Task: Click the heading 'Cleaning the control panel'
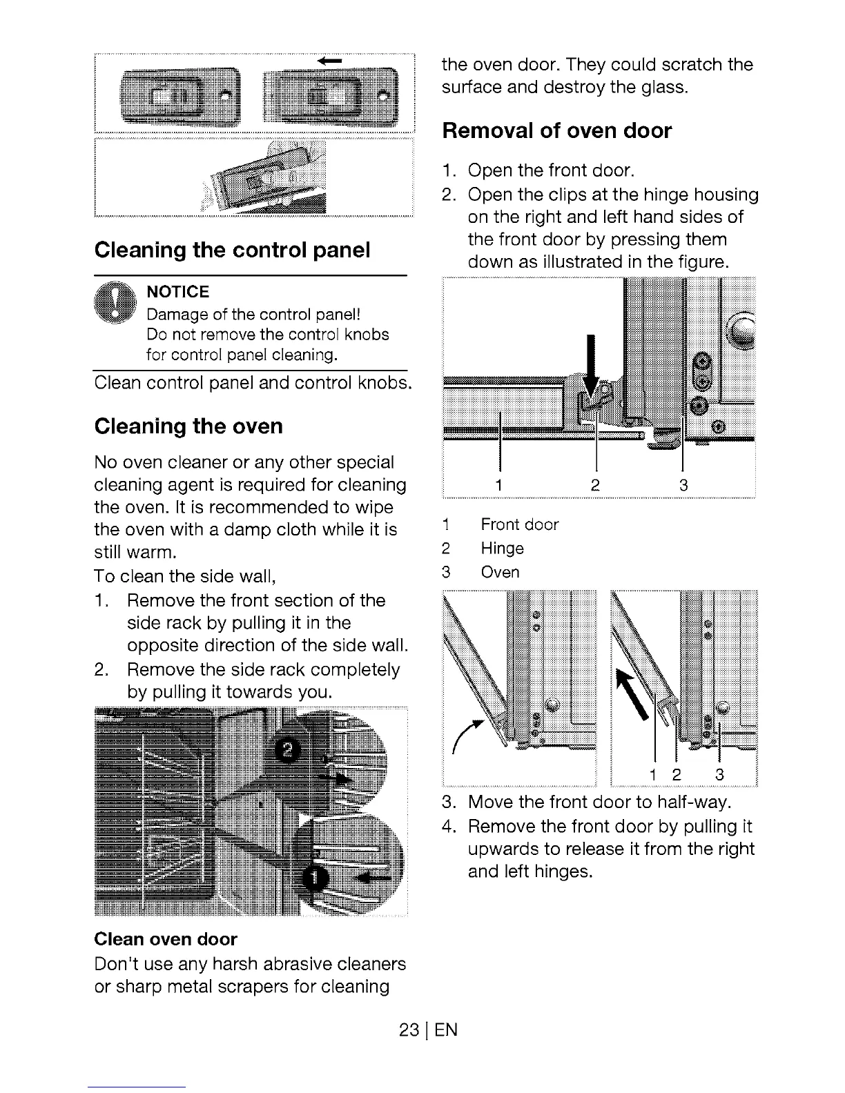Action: pos(232,250)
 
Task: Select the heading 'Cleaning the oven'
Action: pos(188,426)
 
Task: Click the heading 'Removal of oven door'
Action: pos(556,130)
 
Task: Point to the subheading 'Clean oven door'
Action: pos(165,939)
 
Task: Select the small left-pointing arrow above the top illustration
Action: pos(329,61)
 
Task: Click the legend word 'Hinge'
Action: pos(502,549)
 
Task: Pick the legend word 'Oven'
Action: pos(500,572)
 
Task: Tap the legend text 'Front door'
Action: pos(519,524)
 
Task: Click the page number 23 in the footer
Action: pos(409,1030)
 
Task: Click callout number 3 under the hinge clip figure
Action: pos(683,486)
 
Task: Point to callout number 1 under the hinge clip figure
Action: pos(498,486)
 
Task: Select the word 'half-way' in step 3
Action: pos(693,802)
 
